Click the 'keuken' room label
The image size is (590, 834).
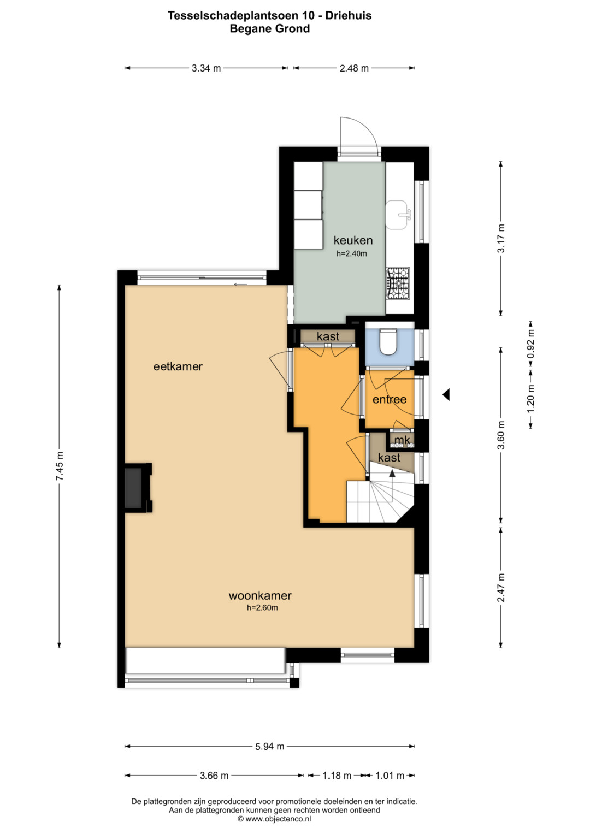(x=353, y=240)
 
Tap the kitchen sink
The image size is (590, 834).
(x=398, y=215)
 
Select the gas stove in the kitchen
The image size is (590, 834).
(x=398, y=283)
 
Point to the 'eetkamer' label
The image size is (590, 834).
(x=178, y=366)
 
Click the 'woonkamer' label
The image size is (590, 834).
(x=260, y=595)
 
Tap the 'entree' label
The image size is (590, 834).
(x=390, y=399)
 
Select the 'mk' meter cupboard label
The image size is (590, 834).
(x=402, y=440)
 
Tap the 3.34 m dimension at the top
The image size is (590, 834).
(x=206, y=68)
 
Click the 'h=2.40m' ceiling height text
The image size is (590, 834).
(x=352, y=254)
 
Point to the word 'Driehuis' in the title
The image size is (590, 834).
(x=349, y=16)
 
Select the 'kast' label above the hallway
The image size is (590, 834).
(x=328, y=336)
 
